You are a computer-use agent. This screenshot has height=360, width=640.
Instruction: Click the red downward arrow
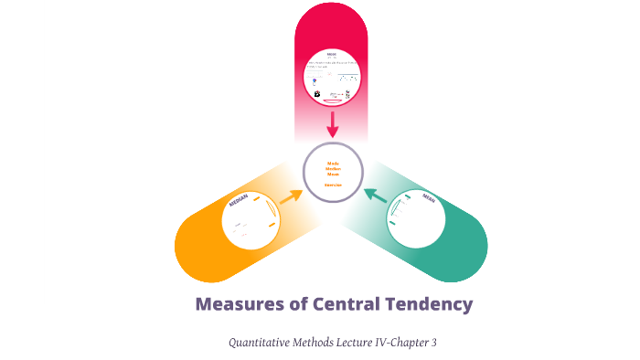click(x=332, y=123)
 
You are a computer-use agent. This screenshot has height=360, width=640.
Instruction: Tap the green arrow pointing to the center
click(x=376, y=195)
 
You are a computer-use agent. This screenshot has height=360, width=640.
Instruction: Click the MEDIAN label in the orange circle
click(x=240, y=206)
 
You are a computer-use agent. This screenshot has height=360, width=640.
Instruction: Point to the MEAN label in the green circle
click(x=428, y=198)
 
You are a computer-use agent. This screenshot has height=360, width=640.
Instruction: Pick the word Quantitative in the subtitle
click(x=261, y=343)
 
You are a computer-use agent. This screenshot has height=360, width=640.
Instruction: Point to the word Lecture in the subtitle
click(x=365, y=343)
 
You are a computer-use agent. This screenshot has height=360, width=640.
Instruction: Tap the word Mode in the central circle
click(x=333, y=163)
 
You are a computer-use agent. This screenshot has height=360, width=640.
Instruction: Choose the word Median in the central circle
click(x=333, y=168)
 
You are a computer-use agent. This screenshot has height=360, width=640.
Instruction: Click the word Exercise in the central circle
click(x=333, y=184)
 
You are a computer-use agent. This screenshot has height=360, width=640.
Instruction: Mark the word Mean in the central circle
click(x=333, y=174)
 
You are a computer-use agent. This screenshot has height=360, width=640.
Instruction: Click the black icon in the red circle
click(x=316, y=93)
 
